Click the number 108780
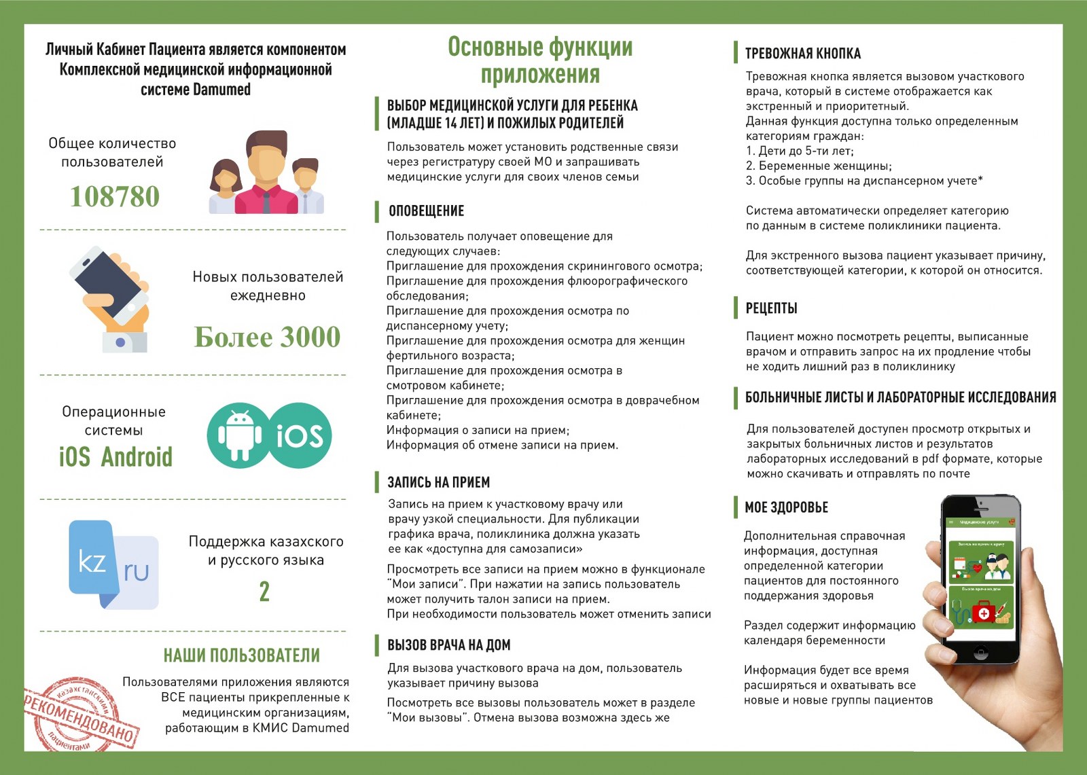115,196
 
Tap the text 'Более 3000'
267,337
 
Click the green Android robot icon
240,435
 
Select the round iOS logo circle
299,435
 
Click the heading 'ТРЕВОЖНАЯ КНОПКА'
802,54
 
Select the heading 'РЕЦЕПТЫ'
771,308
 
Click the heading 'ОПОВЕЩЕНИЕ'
426,211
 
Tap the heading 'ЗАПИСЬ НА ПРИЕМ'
438,482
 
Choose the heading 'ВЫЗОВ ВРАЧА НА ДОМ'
448,645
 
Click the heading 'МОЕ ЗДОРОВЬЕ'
786,507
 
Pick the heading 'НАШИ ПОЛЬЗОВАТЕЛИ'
241,655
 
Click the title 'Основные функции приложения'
540,60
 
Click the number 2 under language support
264,592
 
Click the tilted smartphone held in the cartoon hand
109,285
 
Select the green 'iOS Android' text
115,457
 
